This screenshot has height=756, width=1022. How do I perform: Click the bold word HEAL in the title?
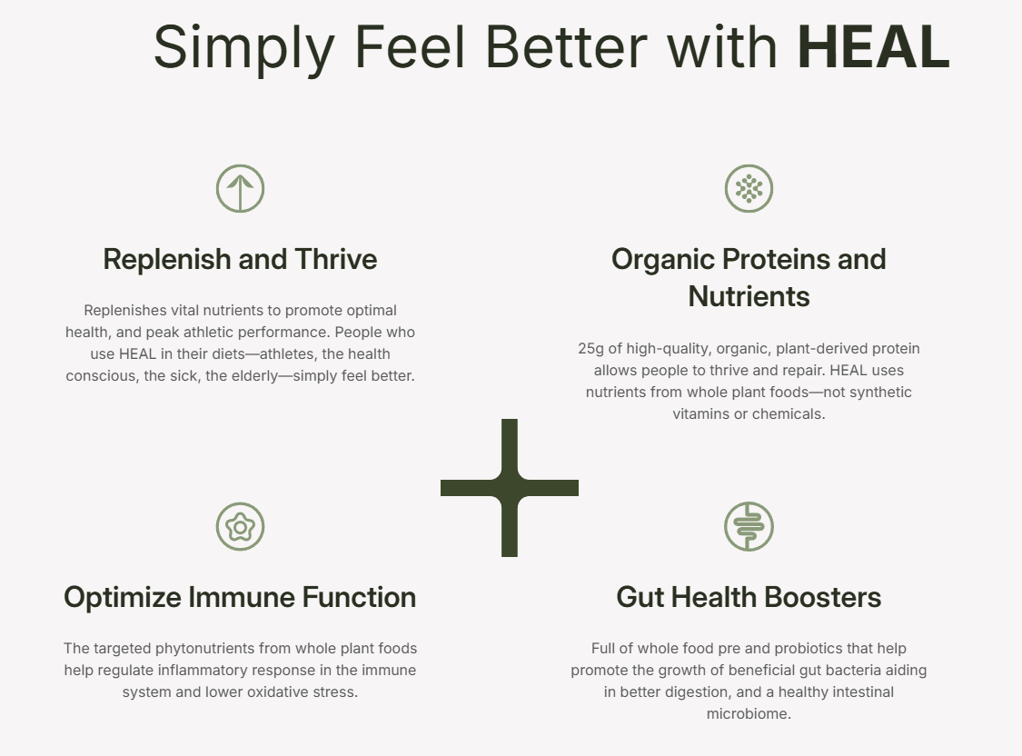[873, 47]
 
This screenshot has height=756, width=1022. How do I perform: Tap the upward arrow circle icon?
[240, 189]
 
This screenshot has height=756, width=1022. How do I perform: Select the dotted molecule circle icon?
[749, 189]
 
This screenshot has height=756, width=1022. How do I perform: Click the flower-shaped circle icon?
[240, 526]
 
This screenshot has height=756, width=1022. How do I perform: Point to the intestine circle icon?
[749, 526]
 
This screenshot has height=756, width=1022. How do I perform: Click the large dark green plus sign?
[510, 488]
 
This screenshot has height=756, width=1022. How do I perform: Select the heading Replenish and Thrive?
[240, 259]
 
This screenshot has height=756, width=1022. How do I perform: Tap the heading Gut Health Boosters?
[749, 597]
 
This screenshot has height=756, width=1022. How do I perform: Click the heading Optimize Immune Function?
[240, 597]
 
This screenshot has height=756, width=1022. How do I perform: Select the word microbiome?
[749, 713]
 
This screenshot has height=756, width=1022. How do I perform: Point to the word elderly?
[240, 375]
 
